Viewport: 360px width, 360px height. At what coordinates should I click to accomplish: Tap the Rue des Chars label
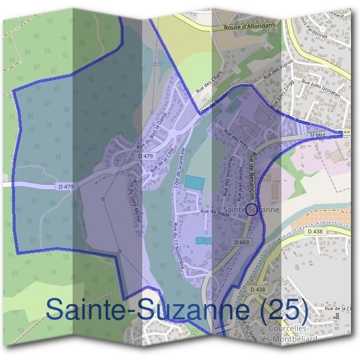pos(205,83)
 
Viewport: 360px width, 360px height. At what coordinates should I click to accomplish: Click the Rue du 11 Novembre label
pos(178,247)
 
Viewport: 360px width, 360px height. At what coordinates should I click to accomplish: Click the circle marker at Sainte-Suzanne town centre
pos(252,209)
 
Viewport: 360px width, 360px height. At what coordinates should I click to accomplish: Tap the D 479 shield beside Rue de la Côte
pos(145,156)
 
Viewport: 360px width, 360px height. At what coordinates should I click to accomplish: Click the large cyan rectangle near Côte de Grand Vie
pos(193,181)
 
